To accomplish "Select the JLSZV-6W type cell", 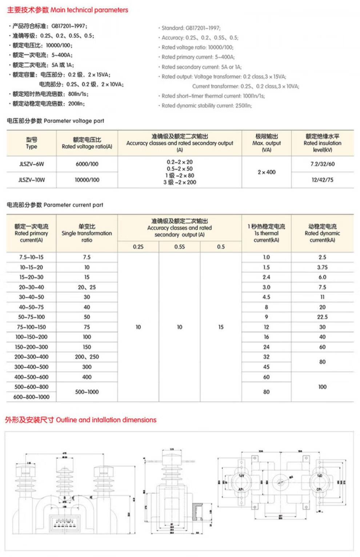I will pyautogui.click(x=31, y=164).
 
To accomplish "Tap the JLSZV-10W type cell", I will pyautogui.click(x=31, y=179).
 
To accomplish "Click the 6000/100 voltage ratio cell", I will pyautogui.click(x=87, y=164).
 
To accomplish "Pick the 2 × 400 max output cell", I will pyautogui.click(x=267, y=172).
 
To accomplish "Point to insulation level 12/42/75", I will pyautogui.click(x=322, y=179).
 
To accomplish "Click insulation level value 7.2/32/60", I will pyautogui.click(x=322, y=164).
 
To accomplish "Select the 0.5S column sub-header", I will pyautogui.click(x=179, y=247).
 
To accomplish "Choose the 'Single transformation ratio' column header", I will pyautogui.click(x=87, y=233).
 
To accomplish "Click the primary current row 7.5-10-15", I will pyautogui.click(x=31, y=257).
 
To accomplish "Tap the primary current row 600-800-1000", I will pyautogui.click(x=31, y=397).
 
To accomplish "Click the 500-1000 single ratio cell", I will pyautogui.click(x=87, y=392).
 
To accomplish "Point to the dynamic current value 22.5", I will pyautogui.click(x=322, y=317).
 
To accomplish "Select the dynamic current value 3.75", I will pyautogui.click(x=322, y=267).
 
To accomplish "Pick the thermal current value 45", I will pyautogui.click(x=267, y=367).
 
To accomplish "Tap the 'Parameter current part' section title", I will pyautogui.click(x=55, y=205).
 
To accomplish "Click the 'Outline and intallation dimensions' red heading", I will pyautogui.click(x=81, y=420).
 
